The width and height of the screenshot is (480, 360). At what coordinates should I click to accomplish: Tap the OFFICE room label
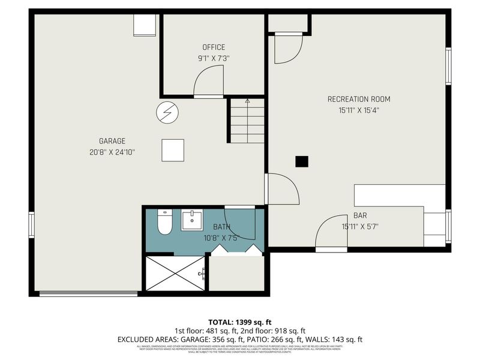(x=214, y=47)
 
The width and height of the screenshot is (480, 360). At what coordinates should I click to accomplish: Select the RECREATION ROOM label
(x=359, y=99)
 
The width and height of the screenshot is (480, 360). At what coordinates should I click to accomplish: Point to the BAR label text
(x=360, y=215)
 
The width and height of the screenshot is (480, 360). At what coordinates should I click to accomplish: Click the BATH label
(x=221, y=227)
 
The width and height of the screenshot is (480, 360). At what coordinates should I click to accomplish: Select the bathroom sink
(x=193, y=221)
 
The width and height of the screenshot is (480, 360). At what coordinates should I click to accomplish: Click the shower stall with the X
(x=175, y=274)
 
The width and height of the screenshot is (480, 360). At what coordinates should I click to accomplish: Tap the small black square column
(x=302, y=161)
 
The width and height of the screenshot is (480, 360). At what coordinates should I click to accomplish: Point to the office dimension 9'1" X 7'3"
(x=214, y=59)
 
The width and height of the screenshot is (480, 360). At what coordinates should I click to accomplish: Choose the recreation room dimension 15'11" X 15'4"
(x=359, y=110)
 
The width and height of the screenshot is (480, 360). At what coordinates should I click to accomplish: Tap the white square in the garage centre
(x=173, y=150)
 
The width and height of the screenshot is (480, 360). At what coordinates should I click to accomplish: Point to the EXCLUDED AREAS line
(x=239, y=340)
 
